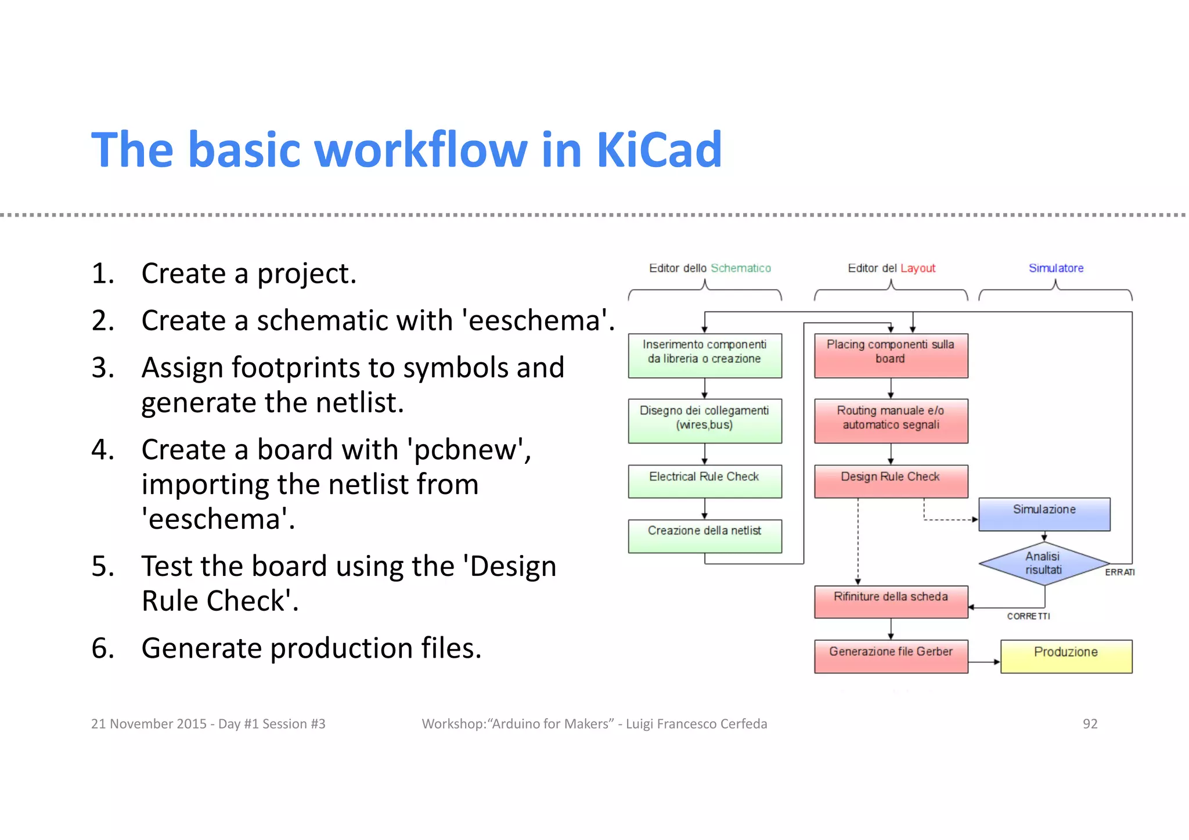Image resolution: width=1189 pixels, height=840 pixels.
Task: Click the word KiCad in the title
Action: coord(659,150)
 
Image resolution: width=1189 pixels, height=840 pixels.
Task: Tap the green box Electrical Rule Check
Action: coord(704,481)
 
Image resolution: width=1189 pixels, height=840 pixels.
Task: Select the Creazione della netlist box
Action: coord(704,535)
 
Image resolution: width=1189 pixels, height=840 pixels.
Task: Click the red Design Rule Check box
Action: coord(891,481)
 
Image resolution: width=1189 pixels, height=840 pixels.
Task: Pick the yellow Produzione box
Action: coord(1066,656)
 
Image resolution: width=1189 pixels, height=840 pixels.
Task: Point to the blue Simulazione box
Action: coord(1044,514)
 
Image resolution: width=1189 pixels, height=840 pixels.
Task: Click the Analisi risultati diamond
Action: coord(1043,563)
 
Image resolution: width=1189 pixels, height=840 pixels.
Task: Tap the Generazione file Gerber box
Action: coord(891,656)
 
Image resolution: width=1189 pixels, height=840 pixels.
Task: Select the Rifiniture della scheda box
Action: coord(891,601)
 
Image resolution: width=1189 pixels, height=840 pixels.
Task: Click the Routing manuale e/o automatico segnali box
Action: coord(891,420)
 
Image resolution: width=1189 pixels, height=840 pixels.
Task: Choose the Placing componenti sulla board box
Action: coord(891,355)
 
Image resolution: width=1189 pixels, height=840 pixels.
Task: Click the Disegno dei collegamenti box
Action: coord(704,420)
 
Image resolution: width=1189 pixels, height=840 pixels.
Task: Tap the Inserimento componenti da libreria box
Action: coord(704,355)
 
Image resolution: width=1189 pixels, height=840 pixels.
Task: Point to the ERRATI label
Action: coord(1119,572)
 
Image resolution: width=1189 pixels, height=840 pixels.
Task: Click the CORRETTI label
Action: coord(1028,616)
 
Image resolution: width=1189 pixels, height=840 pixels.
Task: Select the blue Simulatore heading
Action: coord(1055,268)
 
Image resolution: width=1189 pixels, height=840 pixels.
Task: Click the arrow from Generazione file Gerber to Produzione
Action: coord(985,662)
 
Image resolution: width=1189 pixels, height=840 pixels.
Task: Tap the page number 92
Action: coord(1090,724)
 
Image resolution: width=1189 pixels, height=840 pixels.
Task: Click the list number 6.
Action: coord(102,648)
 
